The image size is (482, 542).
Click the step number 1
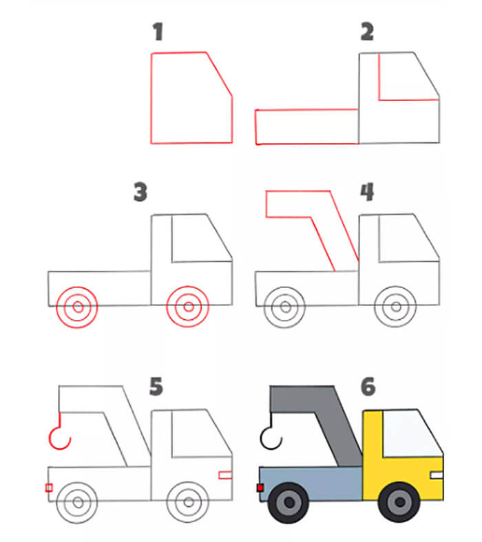(x=158, y=32)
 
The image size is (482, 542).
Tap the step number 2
(x=367, y=32)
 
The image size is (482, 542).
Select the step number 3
(x=140, y=192)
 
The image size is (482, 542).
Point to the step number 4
(x=367, y=192)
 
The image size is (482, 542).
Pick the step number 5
(x=156, y=387)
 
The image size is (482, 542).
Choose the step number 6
(x=368, y=387)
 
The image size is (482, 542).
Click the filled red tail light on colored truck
(x=260, y=488)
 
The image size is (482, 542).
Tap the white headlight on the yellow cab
(x=437, y=475)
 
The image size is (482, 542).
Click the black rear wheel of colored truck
(x=289, y=503)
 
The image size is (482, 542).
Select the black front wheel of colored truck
(x=399, y=502)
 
